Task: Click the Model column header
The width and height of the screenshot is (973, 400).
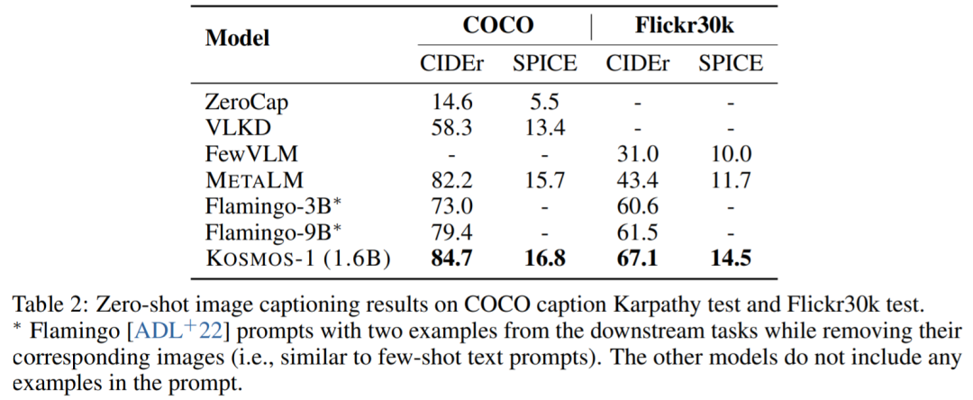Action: (238, 39)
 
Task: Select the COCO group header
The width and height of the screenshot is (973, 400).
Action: (497, 25)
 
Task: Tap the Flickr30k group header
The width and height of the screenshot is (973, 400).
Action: (684, 25)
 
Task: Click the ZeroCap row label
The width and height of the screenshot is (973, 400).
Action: (249, 103)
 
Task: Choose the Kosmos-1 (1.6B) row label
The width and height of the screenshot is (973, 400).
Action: (298, 259)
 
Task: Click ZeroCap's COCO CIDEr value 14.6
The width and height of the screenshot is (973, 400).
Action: (453, 103)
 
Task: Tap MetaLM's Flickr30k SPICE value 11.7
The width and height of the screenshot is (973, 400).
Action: (730, 180)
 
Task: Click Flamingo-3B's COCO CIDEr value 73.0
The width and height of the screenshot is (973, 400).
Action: (453, 206)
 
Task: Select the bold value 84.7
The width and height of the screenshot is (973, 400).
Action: (453, 259)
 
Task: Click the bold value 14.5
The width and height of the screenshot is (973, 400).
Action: (730, 259)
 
